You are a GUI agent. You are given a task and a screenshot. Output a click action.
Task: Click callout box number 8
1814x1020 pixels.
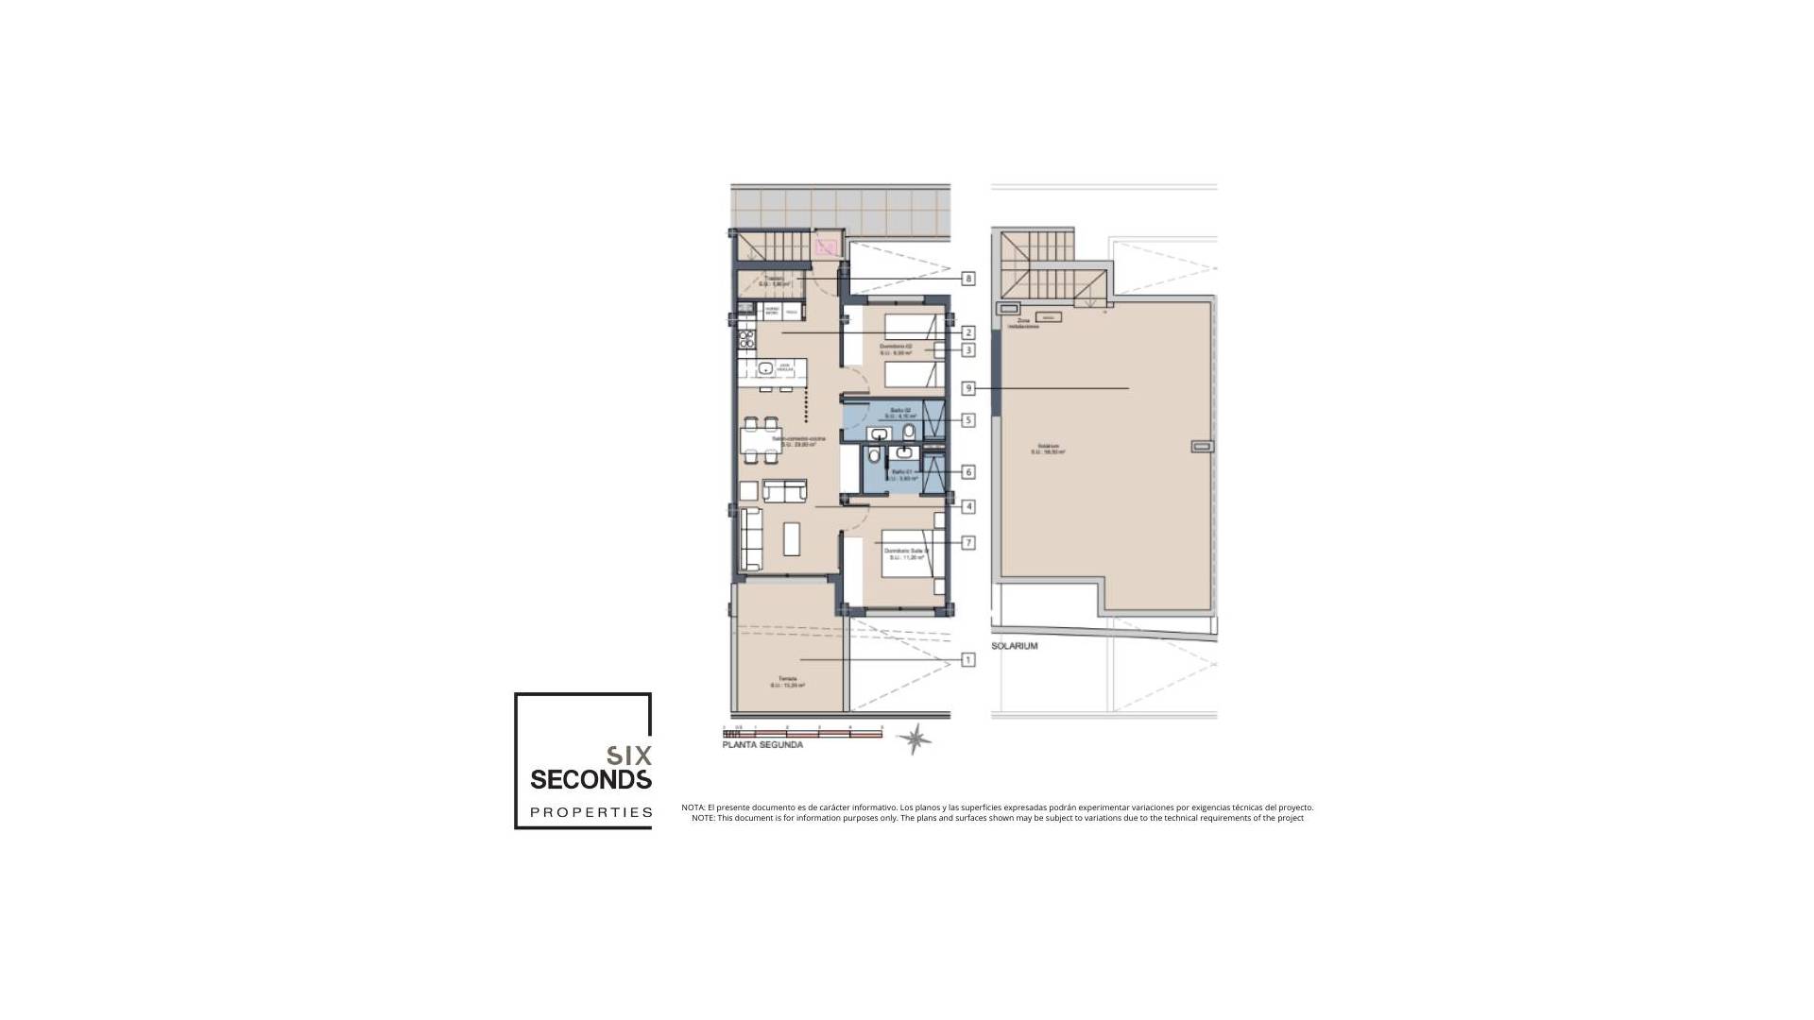point(968,279)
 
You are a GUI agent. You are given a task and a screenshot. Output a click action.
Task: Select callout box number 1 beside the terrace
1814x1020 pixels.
point(968,660)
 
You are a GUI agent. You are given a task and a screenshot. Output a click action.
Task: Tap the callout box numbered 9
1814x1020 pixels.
point(968,388)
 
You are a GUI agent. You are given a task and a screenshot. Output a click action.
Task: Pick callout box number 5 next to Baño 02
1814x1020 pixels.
point(968,420)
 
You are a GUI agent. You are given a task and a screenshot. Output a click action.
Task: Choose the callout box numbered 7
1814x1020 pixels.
point(968,543)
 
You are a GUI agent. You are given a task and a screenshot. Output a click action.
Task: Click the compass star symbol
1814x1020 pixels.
point(914,739)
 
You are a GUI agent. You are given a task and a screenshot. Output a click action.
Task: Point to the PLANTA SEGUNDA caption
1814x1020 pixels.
point(762,745)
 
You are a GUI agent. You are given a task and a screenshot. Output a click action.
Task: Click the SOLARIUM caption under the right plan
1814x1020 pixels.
point(1015,646)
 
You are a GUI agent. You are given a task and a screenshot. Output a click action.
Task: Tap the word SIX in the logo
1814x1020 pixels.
point(628,756)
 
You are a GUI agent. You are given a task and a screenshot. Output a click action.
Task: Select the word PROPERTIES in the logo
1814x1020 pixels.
point(590,812)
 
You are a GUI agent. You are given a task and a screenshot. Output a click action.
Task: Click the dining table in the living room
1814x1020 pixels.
point(761,442)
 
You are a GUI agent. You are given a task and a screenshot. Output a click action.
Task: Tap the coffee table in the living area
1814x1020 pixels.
point(792,538)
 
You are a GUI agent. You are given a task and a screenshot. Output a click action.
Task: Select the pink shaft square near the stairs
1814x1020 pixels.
point(828,247)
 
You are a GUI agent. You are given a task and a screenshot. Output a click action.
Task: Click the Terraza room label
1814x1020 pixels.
point(787,678)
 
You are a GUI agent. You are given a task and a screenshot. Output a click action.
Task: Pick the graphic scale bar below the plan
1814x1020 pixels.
point(802,733)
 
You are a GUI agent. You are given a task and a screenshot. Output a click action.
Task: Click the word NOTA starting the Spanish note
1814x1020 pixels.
point(693,807)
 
